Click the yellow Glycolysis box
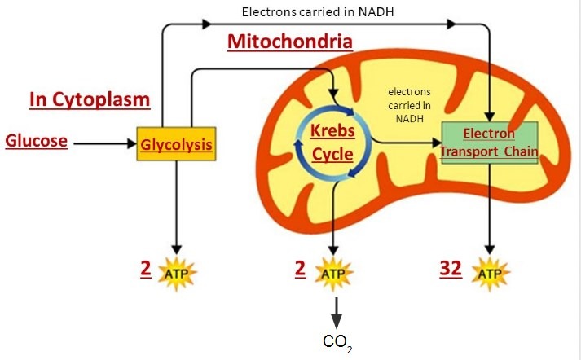click(x=177, y=144)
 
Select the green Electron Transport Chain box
click(x=489, y=143)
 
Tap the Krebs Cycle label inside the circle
click(x=332, y=143)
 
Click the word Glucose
click(x=36, y=140)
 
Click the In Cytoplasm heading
click(x=90, y=99)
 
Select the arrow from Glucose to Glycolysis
click(x=104, y=143)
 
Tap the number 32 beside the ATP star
click(x=451, y=269)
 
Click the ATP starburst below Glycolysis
click(x=177, y=272)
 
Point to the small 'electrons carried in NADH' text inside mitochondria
click(x=409, y=105)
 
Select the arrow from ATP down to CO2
click(x=335, y=310)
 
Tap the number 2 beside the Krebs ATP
click(x=301, y=269)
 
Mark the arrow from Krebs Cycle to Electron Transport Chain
click(x=403, y=143)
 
